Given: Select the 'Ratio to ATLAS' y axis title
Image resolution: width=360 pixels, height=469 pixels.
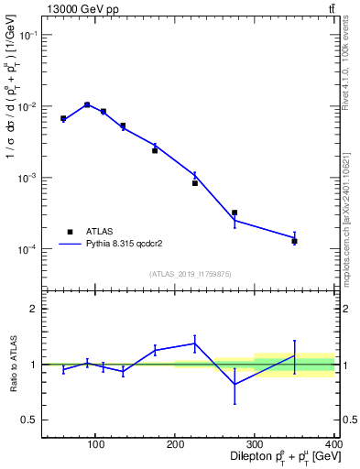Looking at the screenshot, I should tap(11, 364).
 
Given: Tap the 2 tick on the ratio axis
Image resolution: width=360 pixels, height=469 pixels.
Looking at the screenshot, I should tap(35, 309).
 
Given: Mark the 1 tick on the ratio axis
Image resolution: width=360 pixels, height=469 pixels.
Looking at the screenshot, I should tap(35, 365).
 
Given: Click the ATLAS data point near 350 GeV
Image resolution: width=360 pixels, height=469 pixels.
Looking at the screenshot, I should tap(294, 241).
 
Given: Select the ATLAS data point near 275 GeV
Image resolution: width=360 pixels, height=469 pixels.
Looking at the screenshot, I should tap(235, 213).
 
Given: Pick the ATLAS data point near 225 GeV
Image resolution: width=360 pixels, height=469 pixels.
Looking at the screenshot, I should tap(195, 183).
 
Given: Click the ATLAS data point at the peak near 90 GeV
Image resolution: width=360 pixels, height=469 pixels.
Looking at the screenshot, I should tap(87, 104).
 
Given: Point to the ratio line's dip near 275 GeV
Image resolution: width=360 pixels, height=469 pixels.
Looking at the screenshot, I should tap(235, 384).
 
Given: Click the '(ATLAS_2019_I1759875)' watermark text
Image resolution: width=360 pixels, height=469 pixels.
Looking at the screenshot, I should tap(190, 273).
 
